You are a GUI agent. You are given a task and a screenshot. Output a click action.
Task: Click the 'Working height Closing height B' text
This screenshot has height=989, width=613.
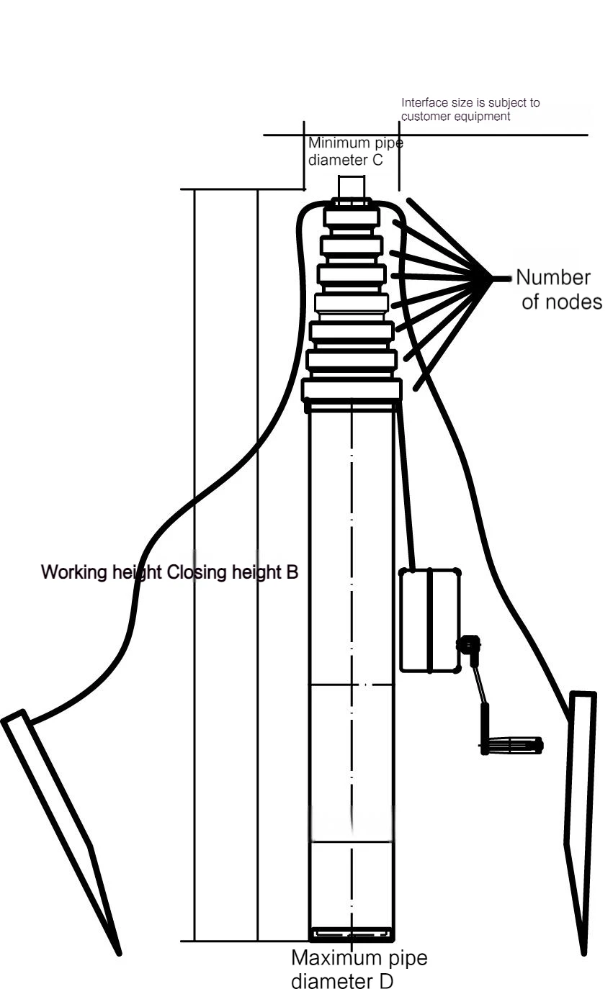(x=170, y=573)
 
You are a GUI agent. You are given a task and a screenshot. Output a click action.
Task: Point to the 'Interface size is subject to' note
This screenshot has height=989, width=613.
(x=470, y=103)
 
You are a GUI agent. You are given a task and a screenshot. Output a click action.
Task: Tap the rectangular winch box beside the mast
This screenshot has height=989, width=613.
(x=430, y=620)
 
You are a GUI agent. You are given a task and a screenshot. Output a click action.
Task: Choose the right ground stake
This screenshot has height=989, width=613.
(x=581, y=821)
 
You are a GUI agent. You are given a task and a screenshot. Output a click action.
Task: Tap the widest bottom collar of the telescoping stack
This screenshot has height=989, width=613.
(x=352, y=390)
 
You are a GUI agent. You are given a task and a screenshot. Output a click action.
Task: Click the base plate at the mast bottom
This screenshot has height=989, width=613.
(x=352, y=935)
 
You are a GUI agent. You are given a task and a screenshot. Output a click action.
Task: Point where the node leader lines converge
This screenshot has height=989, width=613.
(x=494, y=278)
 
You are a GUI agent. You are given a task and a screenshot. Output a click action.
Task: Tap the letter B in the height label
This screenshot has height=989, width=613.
(x=292, y=573)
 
